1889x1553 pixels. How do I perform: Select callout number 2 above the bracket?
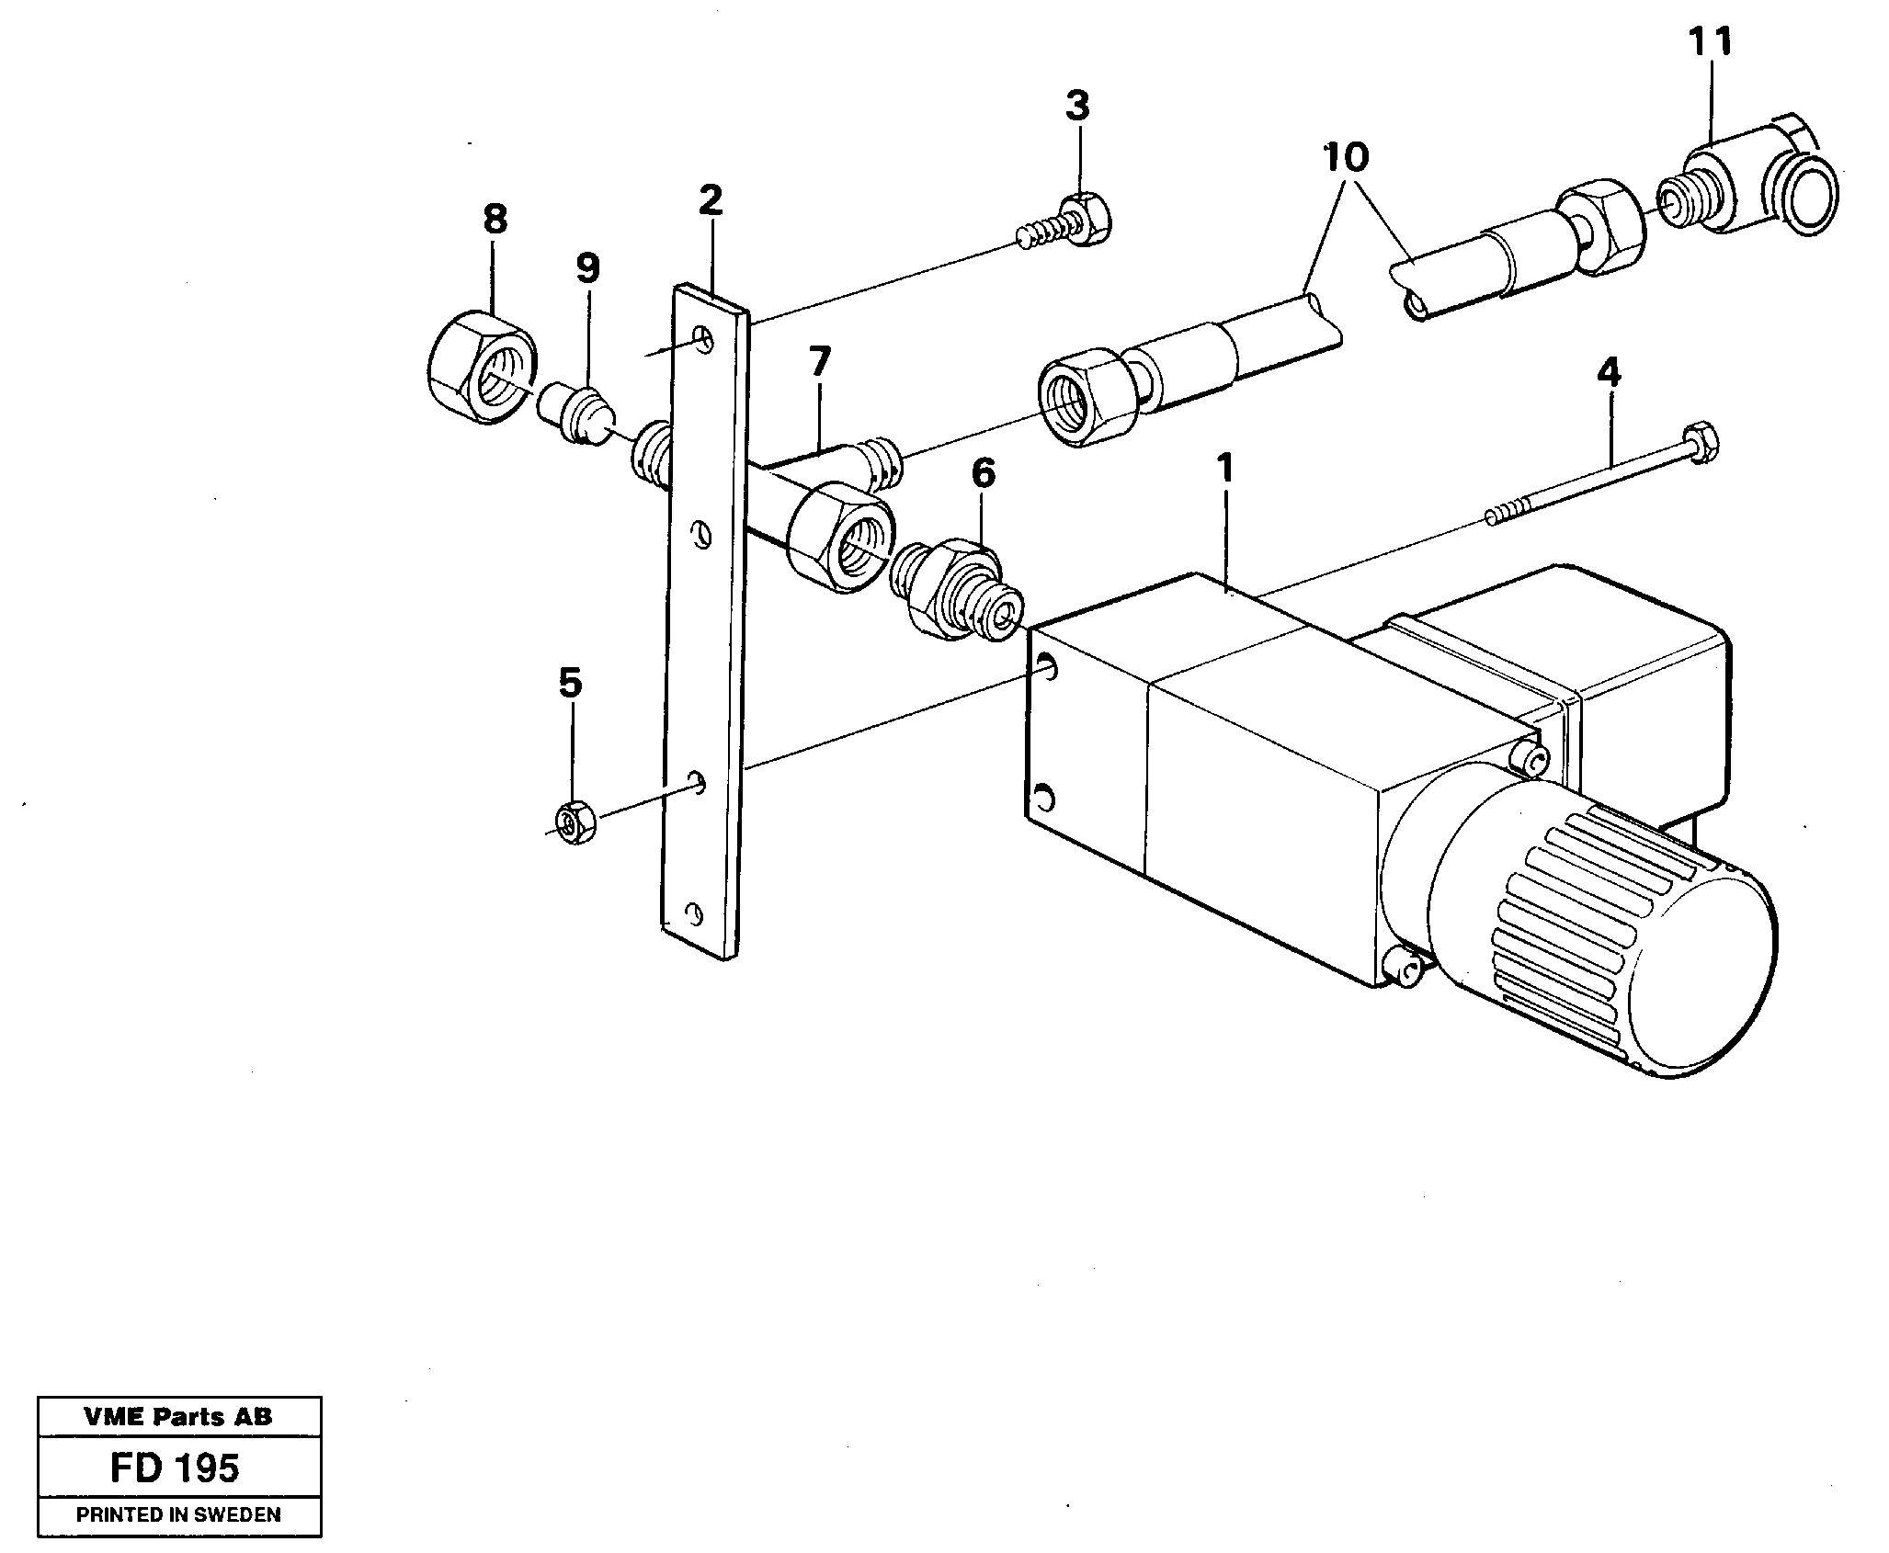pyautogui.click(x=710, y=199)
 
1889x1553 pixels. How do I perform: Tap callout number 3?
pyautogui.click(x=1077, y=106)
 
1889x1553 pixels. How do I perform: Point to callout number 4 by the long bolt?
pyautogui.click(x=1609, y=372)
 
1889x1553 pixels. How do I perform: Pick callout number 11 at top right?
pyautogui.click(x=1711, y=41)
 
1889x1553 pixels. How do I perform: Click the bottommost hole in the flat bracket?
pyautogui.click(x=694, y=914)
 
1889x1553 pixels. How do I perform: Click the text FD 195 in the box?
pyautogui.click(x=175, y=1468)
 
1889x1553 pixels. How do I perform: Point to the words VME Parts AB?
pyautogui.click(x=178, y=1416)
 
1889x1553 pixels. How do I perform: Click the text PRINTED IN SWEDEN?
pyautogui.click(x=178, y=1514)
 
